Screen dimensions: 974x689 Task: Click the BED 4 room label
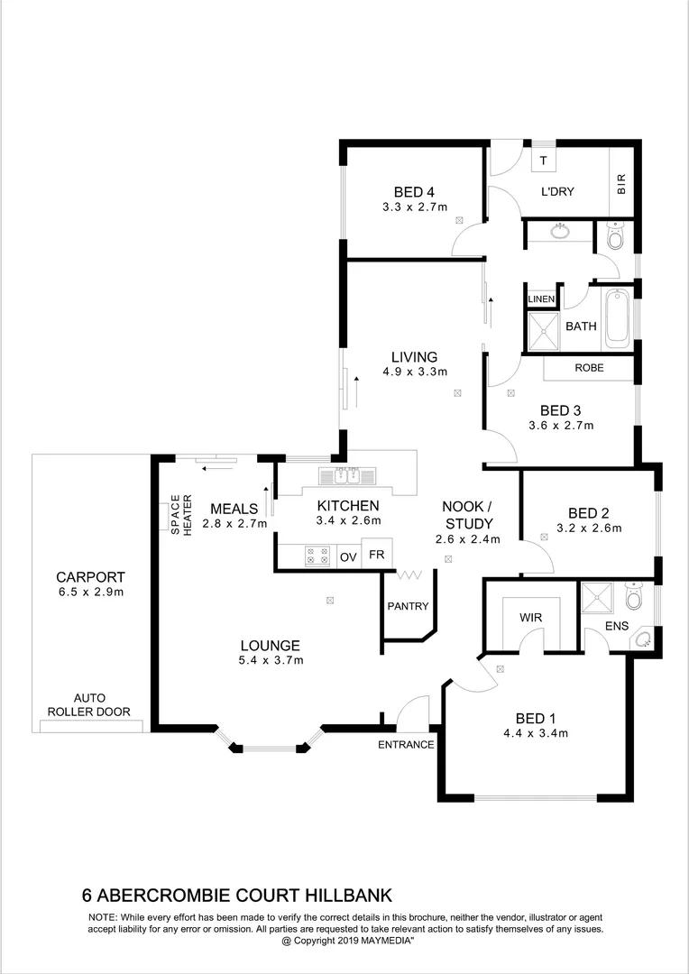pyautogui.click(x=414, y=191)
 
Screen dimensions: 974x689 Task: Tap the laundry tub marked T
pyautogui.click(x=543, y=161)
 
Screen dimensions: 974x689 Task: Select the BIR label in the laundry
pyautogui.click(x=620, y=186)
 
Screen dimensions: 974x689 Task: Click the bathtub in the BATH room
pyautogui.click(x=618, y=317)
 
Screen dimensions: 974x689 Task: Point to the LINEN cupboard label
pyautogui.click(x=541, y=299)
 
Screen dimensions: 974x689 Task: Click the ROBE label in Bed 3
pyautogui.click(x=589, y=368)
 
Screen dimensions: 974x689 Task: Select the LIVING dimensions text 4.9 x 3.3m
pyautogui.click(x=414, y=372)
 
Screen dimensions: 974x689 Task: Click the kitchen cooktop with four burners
pyautogui.click(x=317, y=556)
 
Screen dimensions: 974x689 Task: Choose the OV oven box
pyautogui.click(x=348, y=556)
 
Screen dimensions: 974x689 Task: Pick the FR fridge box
pyautogui.click(x=378, y=554)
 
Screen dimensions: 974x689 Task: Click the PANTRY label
pyautogui.click(x=408, y=606)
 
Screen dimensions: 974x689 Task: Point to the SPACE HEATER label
pyautogui.click(x=181, y=515)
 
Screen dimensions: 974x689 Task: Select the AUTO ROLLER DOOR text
pyautogui.click(x=89, y=703)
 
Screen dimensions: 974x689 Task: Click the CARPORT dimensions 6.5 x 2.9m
pyautogui.click(x=90, y=593)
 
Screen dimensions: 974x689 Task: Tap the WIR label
pyautogui.click(x=529, y=619)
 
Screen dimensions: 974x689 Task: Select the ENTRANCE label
pyautogui.click(x=406, y=745)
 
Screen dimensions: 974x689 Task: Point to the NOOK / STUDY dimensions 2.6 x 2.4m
pyautogui.click(x=467, y=540)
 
